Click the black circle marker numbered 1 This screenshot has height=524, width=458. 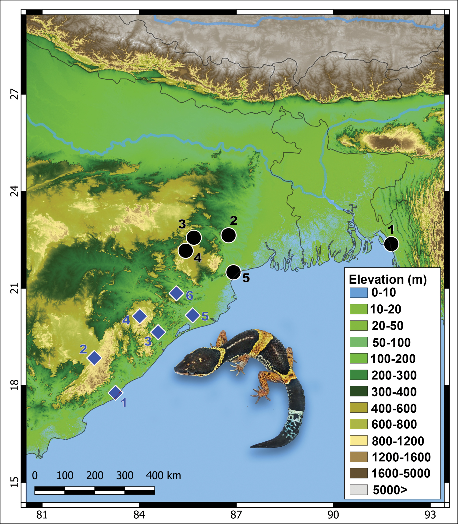point(391,244)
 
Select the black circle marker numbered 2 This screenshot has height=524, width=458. point(228,235)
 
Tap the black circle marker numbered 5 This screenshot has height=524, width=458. point(233,272)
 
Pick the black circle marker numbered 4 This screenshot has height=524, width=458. point(186,251)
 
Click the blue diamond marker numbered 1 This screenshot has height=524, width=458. point(116,392)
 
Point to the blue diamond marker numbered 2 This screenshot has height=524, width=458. point(94,358)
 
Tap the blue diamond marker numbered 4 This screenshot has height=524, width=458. point(139,316)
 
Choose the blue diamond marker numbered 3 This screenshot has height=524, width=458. point(158,332)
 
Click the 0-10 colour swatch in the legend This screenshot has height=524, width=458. point(359,293)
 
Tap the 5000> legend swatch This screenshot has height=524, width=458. point(359,489)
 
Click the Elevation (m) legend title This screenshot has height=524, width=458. point(388,280)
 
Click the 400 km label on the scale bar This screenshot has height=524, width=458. point(163,476)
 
